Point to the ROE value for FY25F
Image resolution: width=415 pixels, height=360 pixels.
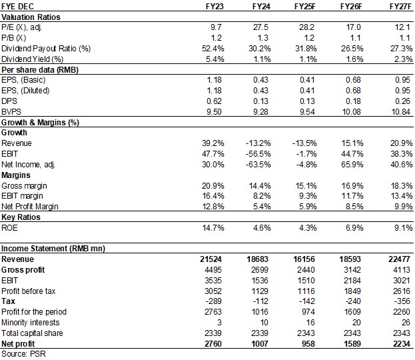click(x=305, y=229)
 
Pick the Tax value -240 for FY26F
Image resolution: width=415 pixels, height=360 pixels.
click(x=353, y=301)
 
